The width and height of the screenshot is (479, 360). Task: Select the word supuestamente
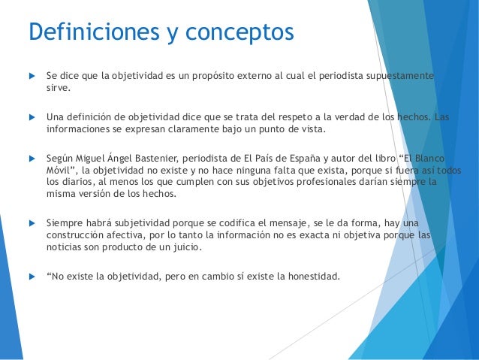pyautogui.click(x=402, y=77)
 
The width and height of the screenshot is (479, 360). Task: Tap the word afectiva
pyautogui.click(x=123, y=235)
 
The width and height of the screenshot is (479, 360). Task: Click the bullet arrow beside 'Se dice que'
pyautogui.click(x=32, y=77)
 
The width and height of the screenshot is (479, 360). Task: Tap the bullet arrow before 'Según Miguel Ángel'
pyautogui.click(x=32, y=158)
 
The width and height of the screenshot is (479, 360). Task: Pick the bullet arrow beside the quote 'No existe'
pyautogui.click(x=32, y=275)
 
